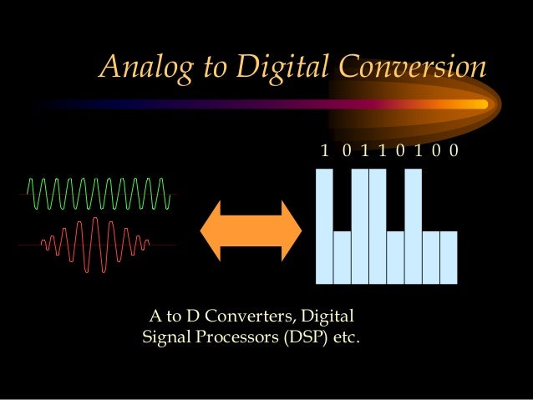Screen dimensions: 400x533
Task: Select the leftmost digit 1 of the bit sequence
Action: click(324, 150)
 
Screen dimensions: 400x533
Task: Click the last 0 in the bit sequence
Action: click(453, 150)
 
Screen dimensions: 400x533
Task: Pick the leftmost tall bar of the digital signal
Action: click(324, 225)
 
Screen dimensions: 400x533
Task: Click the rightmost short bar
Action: click(449, 257)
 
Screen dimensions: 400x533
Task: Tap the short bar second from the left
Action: click(342, 257)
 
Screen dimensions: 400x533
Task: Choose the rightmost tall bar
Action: click(413, 225)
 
